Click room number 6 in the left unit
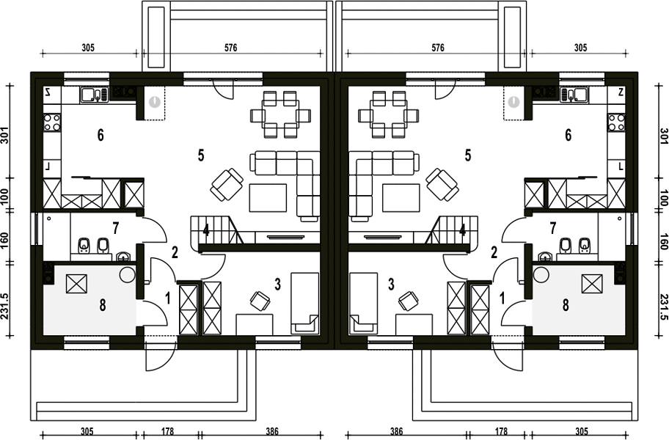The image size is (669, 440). (x=100, y=135)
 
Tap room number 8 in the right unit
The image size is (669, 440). (x=566, y=305)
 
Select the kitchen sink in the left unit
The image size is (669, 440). (x=95, y=95)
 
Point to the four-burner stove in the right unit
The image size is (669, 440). (x=616, y=122)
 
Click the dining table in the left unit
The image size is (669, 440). (x=280, y=114)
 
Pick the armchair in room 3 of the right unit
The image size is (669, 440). (x=409, y=301)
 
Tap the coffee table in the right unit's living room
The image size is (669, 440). (x=401, y=197)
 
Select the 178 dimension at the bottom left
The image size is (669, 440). (x=168, y=431)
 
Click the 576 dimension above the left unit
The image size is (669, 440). (x=230, y=48)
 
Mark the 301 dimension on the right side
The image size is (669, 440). (x=664, y=136)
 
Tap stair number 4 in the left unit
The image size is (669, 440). (x=206, y=231)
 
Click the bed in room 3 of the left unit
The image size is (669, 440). (x=304, y=303)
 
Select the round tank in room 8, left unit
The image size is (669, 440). (x=127, y=274)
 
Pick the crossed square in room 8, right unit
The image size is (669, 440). (x=592, y=284)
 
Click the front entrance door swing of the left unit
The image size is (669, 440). (x=161, y=355)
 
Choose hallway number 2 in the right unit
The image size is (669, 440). (x=494, y=252)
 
